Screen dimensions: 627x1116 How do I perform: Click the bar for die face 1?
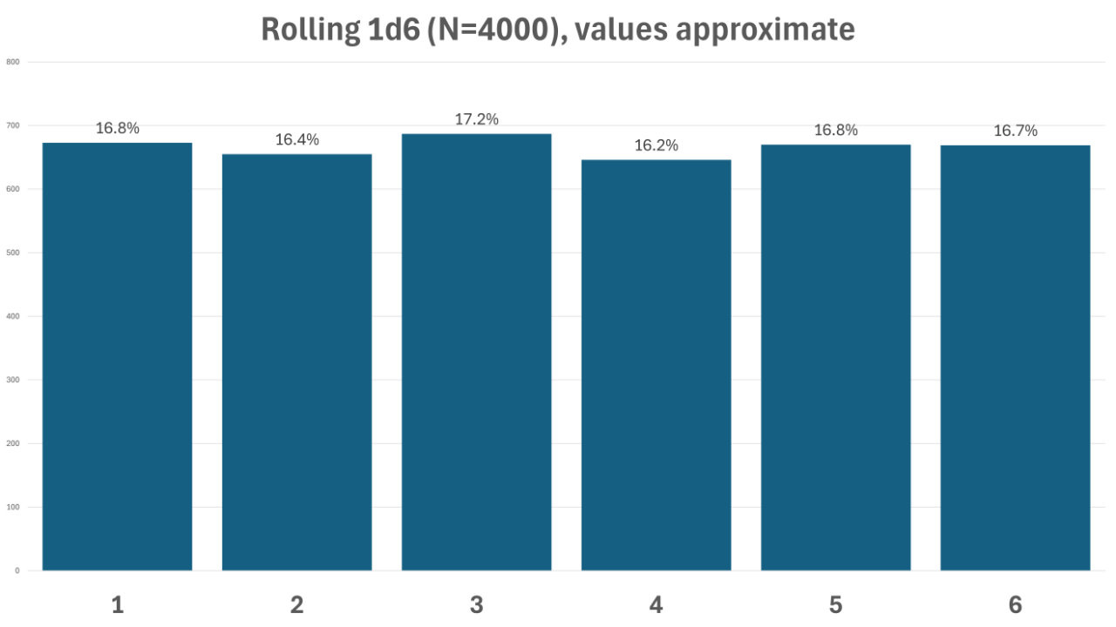click(x=117, y=357)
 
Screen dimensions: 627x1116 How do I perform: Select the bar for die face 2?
click(x=296, y=362)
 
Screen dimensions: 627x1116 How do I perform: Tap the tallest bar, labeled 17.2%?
click(x=476, y=353)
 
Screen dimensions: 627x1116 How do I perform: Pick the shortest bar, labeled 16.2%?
click(x=656, y=366)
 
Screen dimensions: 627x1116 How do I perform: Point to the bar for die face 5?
click(x=835, y=357)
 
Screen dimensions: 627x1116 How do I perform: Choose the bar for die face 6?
click(x=1015, y=358)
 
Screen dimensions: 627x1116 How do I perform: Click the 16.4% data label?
click(x=296, y=139)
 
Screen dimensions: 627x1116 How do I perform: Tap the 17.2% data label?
click(x=476, y=119)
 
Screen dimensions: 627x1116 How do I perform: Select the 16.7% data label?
click(x=1015, y=131)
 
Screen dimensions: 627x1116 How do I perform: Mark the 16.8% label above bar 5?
click(x=835, y=130)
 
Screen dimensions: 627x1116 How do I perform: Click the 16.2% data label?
click(x=656, y=145)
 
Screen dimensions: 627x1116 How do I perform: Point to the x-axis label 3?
click(x=476, y=604)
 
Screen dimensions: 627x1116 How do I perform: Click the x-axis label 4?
click(x=656, y=604)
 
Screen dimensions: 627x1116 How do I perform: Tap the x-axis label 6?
click(x=1015, y=604)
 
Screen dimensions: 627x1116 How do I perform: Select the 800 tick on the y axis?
click(x=13, y=62)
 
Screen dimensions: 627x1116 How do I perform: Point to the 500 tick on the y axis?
click(x=13, y=253)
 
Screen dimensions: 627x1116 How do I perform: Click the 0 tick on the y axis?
click(x=17, y=570)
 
